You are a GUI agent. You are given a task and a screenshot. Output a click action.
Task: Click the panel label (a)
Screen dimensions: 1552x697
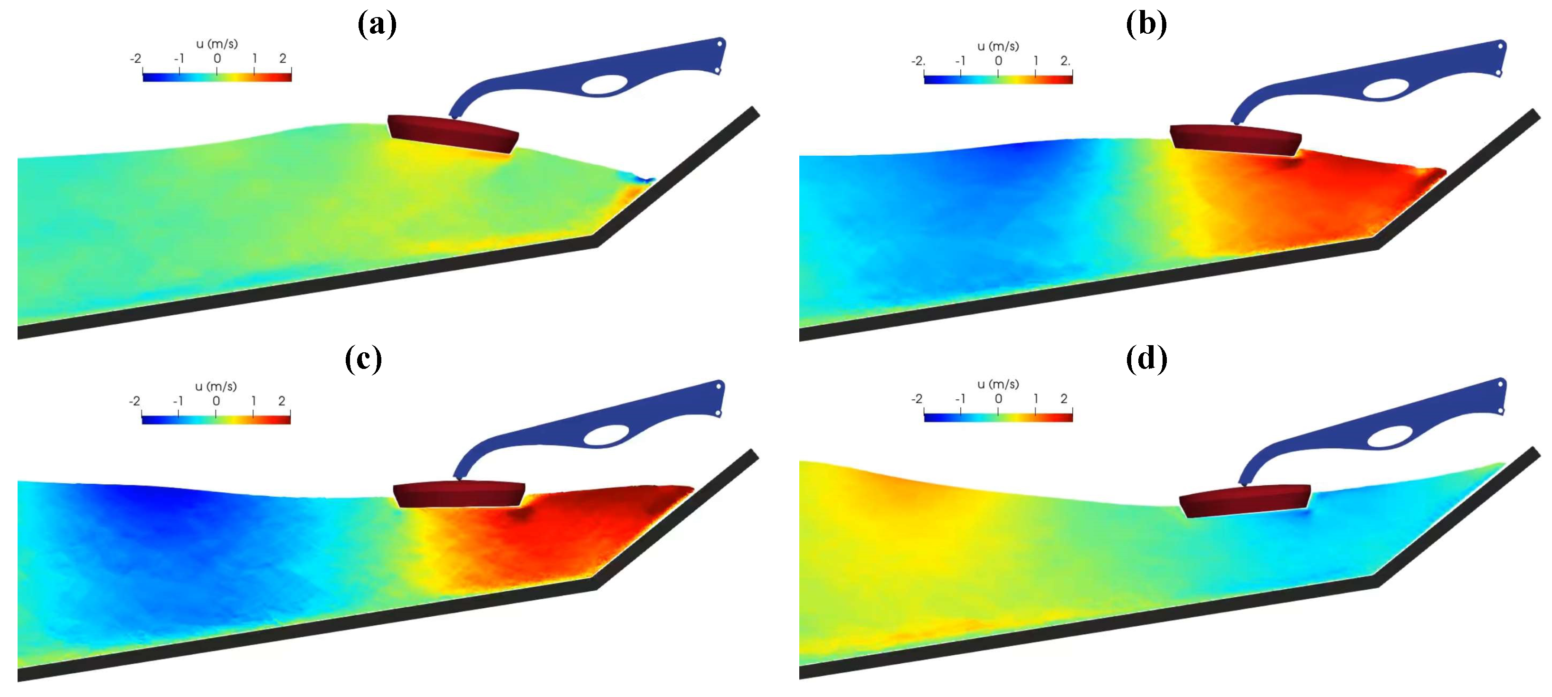377,25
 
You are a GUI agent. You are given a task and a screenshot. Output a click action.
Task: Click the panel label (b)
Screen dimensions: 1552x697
1146,25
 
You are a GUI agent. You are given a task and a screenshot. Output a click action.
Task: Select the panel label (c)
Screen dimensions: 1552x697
363,359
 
